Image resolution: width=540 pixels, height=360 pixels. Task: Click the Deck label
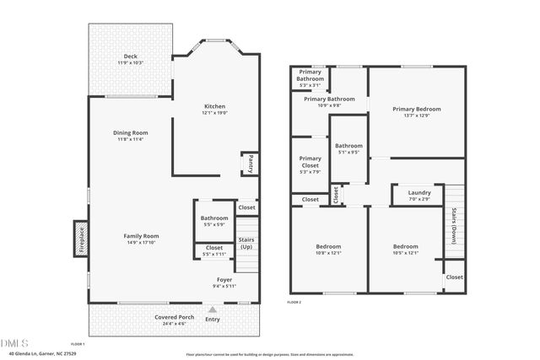point(130,56)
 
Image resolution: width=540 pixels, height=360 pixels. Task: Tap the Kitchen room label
point(214,106)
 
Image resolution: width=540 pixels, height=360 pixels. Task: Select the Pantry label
point(250,163)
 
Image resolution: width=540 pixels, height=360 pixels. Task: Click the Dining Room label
point(131,132)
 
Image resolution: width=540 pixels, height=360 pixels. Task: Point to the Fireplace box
point(82,236)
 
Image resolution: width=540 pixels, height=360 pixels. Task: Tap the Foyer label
point(224,279)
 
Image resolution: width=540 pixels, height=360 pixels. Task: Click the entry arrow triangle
point(212,309)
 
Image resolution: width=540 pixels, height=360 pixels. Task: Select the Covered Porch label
point(174,317)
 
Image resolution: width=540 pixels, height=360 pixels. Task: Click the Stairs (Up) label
point(246,243)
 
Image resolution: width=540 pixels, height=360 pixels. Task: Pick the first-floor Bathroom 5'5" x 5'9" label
point(214,218)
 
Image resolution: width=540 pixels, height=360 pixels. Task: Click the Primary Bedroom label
point(416,109)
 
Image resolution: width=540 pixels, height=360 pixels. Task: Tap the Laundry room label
point(419,191)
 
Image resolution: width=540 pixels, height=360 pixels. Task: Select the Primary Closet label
point(310,162)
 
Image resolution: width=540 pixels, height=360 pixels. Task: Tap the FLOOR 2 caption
point(294,301)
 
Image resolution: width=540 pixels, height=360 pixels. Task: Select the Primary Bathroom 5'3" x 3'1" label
point(310,78)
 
